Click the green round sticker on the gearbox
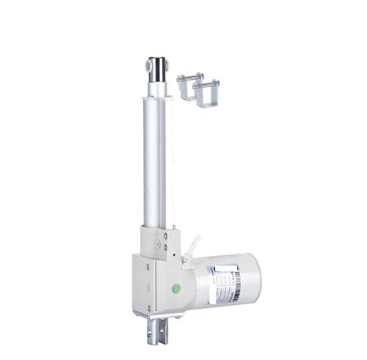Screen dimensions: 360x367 point(177,287)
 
